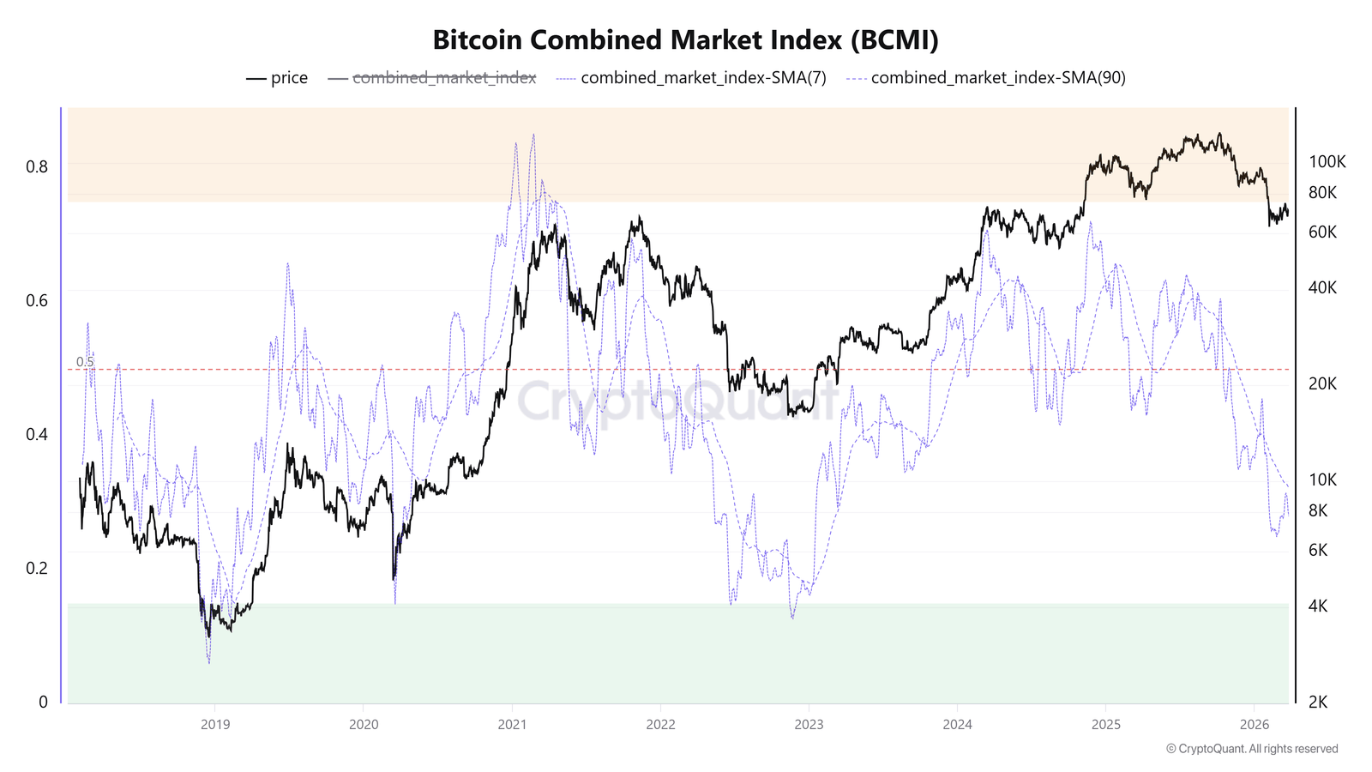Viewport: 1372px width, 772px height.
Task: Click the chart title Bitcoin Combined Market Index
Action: (685, 40)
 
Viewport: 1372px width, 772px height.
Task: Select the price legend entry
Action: (277, 78)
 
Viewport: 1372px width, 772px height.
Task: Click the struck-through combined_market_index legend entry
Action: (432, 78)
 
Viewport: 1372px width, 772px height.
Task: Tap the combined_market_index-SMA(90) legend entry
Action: (986, 78)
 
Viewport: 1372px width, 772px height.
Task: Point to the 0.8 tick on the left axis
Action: (37, 166)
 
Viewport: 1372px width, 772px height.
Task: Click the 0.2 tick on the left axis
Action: (37, 568)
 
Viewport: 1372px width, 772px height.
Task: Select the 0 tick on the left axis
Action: (43, 702)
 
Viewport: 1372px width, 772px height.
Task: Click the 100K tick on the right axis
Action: (1327, 161)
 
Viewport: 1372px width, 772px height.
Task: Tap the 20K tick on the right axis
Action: (1322, 383)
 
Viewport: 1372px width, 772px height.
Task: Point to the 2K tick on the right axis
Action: (1318, 702)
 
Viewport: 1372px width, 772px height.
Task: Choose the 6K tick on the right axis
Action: (1318, 550)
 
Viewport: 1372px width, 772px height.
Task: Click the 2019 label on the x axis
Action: (215, 725)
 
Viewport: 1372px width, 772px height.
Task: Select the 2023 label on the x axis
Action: (809, 725)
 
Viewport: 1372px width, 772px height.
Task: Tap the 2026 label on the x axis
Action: (1254, 725)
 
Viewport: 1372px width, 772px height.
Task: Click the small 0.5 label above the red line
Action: (85, 362)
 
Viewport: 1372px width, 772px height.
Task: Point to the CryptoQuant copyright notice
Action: (1251, 749)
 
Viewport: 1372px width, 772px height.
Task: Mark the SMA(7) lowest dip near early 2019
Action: (208, 662)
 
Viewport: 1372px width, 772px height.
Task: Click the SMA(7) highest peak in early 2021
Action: (533, 135)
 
